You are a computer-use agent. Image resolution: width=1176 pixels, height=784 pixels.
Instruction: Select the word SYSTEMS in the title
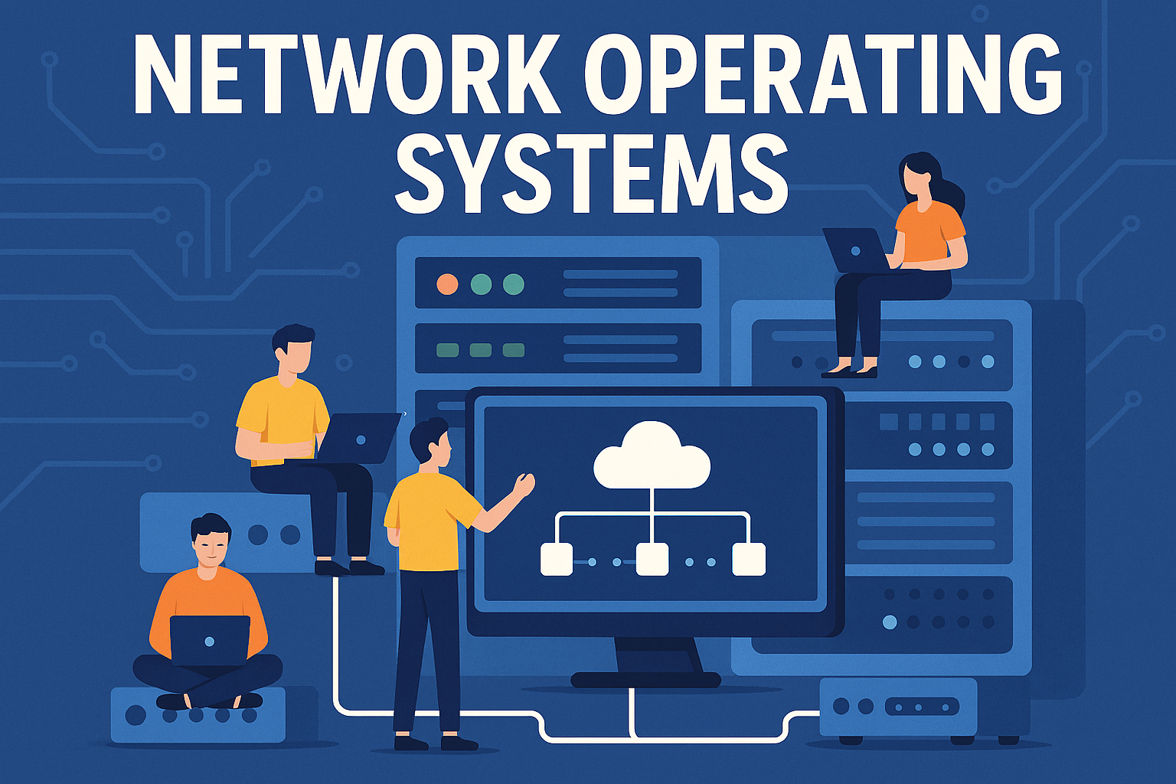pyautogui.click(x=591, y=174)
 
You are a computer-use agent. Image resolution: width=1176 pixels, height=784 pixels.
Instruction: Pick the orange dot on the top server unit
pyautogui.click(x=447, y=285)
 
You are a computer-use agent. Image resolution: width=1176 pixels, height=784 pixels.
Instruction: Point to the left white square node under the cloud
pyautogui.click(x=557, y=559)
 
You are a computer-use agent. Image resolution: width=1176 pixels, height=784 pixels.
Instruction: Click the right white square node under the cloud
pyautogui.click(x=749, y=559)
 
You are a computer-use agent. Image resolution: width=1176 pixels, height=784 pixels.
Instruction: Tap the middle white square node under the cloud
pyautogui.click(x=652, y=559)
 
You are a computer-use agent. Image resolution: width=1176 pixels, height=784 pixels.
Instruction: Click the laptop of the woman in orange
pyautogui.click(x=856, y=250)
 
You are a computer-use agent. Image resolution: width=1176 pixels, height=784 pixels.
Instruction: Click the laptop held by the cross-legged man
pyautogui.click(x=210, y=640)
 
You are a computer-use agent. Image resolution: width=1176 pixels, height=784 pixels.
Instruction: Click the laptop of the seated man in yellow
pyautogui.click(x=360, y=439)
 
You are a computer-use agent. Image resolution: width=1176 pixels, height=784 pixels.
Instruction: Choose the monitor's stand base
pyautogui.click(x=645, y=679)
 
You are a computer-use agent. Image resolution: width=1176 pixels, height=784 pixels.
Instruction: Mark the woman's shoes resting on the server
pyautogui.click(x=850, y=371)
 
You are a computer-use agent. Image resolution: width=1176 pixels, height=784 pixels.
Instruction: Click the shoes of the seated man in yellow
pyautogui.click(x=349, y=567)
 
